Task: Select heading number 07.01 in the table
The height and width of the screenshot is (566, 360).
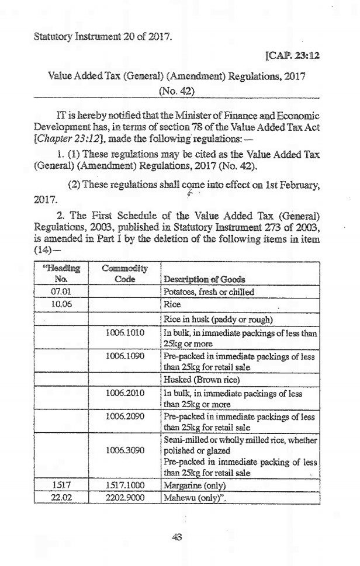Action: coord(61,290)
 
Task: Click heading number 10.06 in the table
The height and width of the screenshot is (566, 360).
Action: coord(61,304)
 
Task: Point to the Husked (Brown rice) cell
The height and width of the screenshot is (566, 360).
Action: coord(197,379)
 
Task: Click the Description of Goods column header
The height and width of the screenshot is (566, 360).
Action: coord(204,279)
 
